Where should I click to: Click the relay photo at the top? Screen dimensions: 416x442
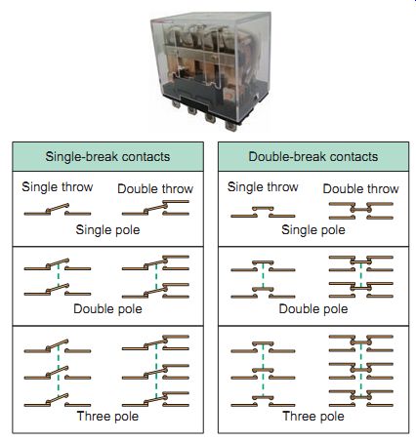210,71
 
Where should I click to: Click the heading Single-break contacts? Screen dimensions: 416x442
107,157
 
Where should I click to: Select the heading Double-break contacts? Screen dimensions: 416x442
313,157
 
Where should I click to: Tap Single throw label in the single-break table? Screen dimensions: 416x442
58,187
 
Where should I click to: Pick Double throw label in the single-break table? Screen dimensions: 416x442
155,188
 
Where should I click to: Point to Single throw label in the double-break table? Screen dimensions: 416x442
263,187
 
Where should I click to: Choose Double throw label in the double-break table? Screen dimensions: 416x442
360,188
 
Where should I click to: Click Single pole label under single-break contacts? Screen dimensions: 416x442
107,230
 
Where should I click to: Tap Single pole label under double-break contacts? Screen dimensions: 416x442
313,230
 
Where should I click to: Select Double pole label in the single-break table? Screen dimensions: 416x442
107,309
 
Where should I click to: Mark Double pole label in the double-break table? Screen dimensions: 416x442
313,309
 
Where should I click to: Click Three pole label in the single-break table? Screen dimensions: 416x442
107,417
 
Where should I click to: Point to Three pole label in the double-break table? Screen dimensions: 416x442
313,417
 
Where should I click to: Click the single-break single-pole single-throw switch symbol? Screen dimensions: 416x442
58,210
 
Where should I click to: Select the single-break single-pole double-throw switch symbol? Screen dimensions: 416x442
155,208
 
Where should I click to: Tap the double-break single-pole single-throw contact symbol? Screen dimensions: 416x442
263,212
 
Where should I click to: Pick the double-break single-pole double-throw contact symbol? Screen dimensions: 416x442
360,211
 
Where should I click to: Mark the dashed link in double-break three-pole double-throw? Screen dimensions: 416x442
360,370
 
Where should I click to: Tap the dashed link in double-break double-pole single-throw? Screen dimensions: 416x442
263,276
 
